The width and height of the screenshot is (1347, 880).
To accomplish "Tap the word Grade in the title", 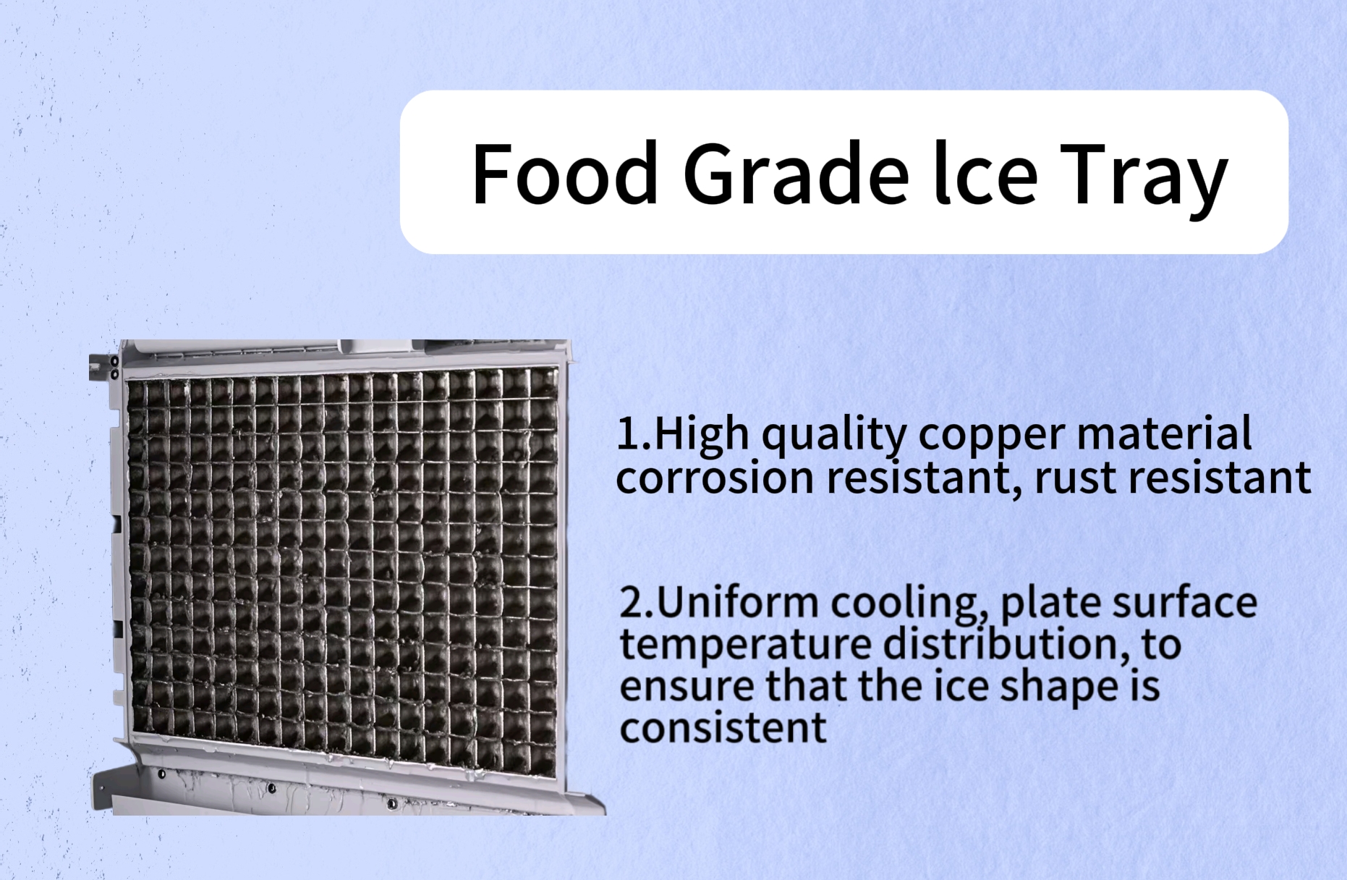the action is [x=796, y=174].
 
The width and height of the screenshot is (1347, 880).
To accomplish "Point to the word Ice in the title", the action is [x=986, y=174].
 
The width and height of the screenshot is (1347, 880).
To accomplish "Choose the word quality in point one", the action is [x=833, y=436].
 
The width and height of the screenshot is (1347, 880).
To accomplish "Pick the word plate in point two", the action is [x=1050, y=604].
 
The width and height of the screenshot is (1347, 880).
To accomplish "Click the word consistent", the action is [x=723, y=728].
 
